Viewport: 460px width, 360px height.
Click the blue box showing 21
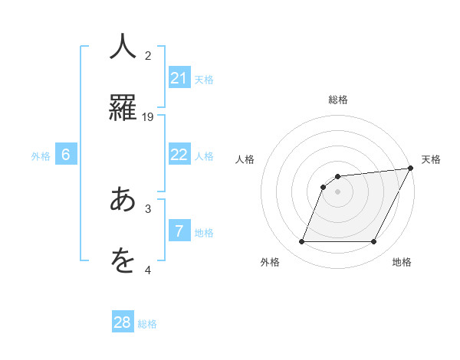click(x=179, y=78)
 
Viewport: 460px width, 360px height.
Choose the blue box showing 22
click(x=179, y=155)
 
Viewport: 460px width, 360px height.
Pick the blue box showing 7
click(x=179, y=231)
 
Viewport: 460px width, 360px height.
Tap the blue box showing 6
click(x=66, y=155)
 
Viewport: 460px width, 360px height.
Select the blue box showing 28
click(x=123, y=322)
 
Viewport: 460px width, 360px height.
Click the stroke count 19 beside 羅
click(x=148, y=116)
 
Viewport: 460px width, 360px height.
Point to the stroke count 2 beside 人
click(x=148, y=55)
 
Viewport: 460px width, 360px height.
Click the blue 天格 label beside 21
click(x=204, y=80)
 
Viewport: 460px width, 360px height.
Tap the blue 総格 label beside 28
click(x=147, y=324)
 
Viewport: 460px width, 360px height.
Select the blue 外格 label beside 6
click(x=41, y=156)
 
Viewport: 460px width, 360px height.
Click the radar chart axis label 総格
click(x=338, y=100)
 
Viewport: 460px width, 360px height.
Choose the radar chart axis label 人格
click(x=245, y=159)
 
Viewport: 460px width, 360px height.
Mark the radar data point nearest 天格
click(x=411, y=169)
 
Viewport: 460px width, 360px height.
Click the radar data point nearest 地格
click(x=374, y=242)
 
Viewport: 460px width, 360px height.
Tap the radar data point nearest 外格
click(x=301, y=242)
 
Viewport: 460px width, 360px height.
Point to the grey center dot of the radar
click(x=338, y=191)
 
